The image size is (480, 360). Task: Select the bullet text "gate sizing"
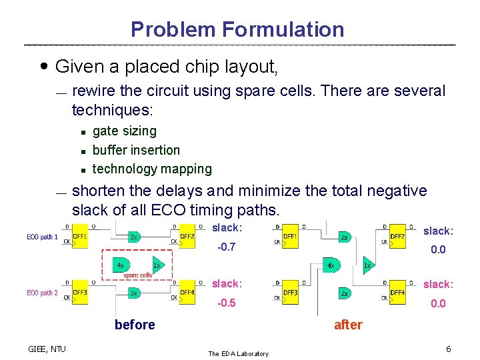[124, 131]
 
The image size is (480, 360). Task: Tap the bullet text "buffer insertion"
[136, 150]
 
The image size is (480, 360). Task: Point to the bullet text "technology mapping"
[152, 169]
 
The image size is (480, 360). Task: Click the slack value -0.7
[227, 247]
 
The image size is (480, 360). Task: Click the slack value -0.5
[227, 303]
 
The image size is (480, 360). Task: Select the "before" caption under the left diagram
[135, 325]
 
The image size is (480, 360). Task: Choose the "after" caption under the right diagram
[348, 325]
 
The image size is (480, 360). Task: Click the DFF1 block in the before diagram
[80, 237]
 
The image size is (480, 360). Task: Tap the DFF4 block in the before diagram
[187, 294]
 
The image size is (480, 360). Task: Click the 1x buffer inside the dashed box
[157, 265]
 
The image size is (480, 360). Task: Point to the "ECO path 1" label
[43, 237]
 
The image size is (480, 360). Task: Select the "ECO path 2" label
[43, 293]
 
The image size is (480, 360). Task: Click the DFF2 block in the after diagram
[397, 237]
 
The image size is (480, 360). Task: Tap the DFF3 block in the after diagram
[291, 294]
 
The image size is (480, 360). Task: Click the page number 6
[449, 349]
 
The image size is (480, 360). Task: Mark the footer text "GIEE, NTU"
[47, 349]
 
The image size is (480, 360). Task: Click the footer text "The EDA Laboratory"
[238, 353]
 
